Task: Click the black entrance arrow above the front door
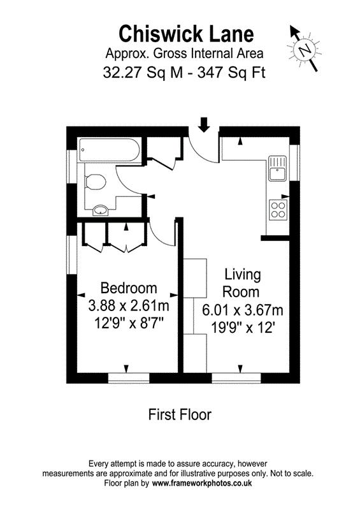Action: pos(204,124)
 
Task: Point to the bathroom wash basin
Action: pos(100,209)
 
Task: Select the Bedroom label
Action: pos(128,288)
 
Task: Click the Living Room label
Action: pos(242,284)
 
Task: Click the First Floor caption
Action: pos(180,414)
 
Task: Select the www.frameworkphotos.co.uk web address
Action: pos(202,484)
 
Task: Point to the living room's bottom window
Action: pos(240,378)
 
